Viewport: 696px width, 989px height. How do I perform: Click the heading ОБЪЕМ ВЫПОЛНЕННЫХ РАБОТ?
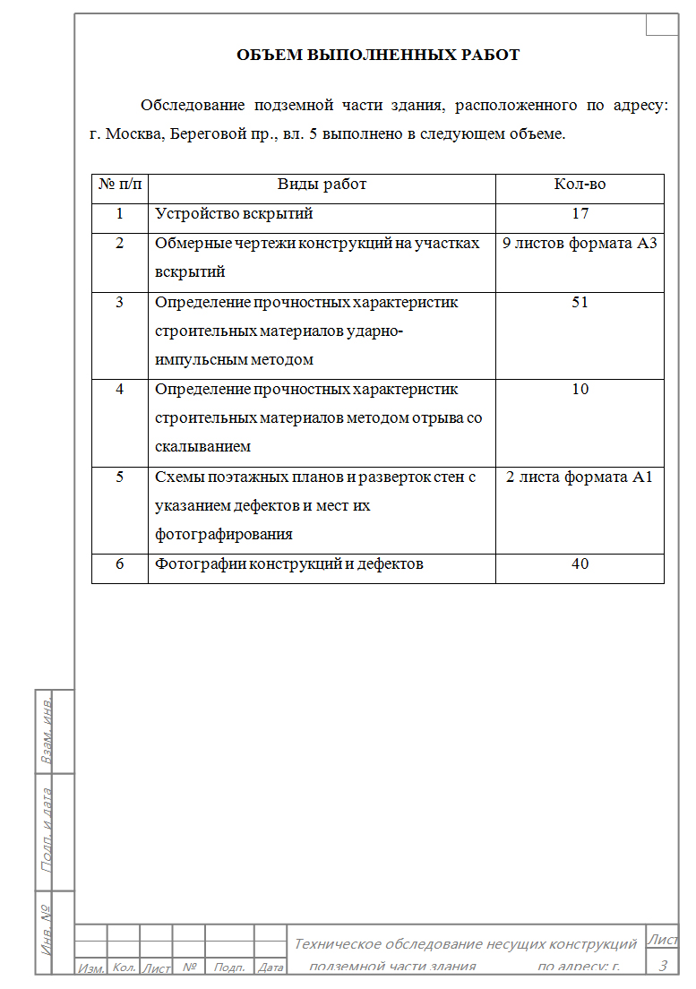coord(377,55)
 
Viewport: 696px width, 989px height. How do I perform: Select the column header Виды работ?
coord(322,185)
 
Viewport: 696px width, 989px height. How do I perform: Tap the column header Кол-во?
coord(580,185)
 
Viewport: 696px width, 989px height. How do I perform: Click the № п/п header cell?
coord(119,185)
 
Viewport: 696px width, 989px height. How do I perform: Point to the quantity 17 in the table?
coord(580,214)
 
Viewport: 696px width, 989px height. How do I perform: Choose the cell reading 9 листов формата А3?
coord(580,243)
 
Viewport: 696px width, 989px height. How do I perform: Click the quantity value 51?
coord(580,302)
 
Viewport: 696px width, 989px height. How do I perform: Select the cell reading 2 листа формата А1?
coord(580,477)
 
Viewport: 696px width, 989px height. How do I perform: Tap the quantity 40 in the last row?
coord(580,563)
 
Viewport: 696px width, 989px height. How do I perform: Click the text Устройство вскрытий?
coord(234,214)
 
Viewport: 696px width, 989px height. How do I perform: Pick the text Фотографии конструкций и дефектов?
coord(288,563)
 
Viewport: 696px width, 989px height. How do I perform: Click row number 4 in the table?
coord(119,389)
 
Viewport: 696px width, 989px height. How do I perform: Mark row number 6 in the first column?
coord(119,563)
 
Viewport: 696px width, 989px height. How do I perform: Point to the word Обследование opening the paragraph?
coord(193,105)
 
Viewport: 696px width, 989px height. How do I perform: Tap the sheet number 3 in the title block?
coord(662,965)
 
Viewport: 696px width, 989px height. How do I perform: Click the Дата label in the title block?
coord(271,967)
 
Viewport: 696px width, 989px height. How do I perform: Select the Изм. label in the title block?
coord(90,967)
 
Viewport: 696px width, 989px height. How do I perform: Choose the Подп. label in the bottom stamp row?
coord(230,967)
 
